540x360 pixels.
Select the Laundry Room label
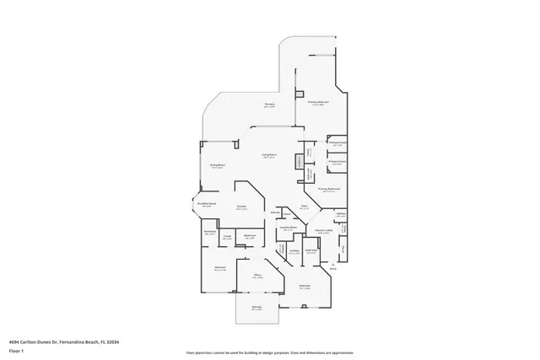pos(289,228)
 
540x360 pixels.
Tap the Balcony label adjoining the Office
pos(256,307)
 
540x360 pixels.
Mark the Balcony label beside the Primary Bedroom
pos(269,105)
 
